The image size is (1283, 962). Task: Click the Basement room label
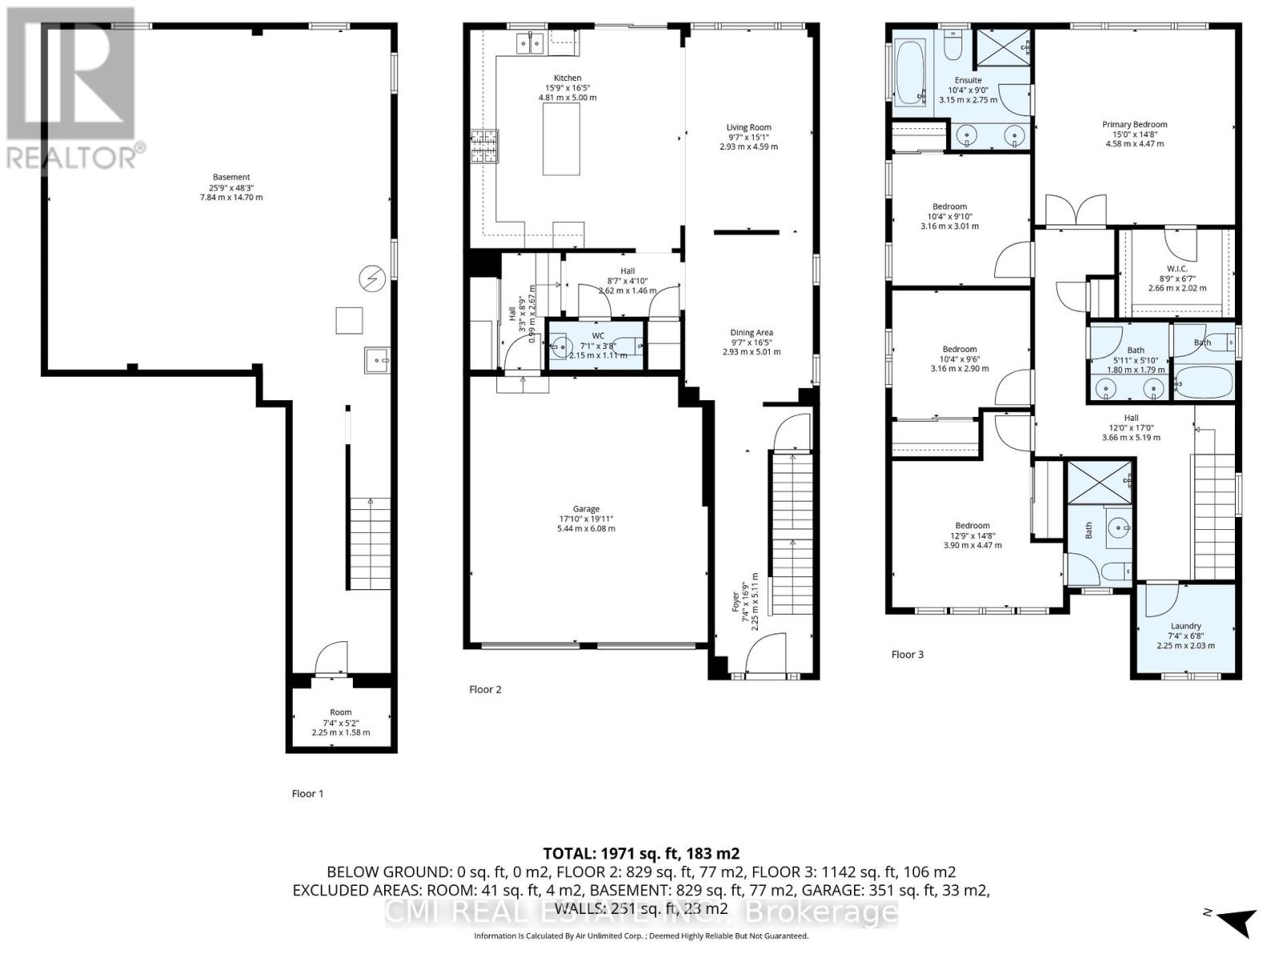231,177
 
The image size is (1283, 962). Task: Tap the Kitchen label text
567,78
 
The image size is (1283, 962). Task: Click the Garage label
586,509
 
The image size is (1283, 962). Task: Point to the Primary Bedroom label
1134,124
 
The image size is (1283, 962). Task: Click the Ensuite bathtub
910,72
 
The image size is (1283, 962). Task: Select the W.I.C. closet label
1177,269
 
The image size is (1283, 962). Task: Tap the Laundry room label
1185,626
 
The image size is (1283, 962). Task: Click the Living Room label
749,127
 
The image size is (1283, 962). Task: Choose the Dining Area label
751,333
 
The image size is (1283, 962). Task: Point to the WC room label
598,336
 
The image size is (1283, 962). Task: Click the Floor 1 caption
307,794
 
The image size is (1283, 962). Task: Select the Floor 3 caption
907,654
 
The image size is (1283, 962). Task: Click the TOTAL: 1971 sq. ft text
641,854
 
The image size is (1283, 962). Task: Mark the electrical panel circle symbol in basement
372,278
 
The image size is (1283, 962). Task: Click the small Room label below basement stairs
341,712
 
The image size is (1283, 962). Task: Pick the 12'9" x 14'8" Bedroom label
972,526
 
